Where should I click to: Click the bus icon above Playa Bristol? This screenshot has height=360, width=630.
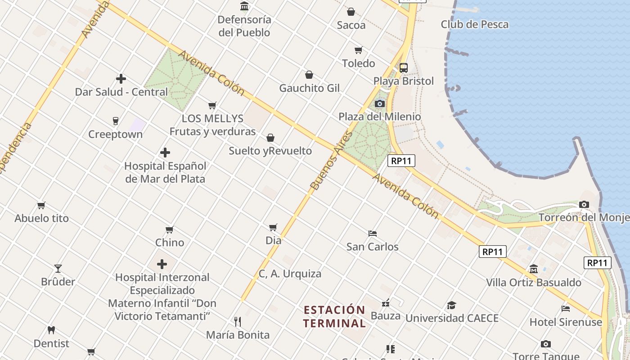click(x=404, y=68)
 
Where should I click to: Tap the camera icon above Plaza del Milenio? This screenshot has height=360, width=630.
click(x=380, y=104)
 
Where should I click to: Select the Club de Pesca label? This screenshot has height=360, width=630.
click(x=474, y=24)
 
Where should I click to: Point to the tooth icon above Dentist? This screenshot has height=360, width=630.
click(x=51, y=330)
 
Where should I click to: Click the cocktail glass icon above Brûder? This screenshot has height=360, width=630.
click(x=58, y=269)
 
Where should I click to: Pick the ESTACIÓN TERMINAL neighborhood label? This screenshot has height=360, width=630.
click(x=334, y=316)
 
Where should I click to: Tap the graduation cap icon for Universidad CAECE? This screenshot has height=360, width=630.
click(x=451, y=306)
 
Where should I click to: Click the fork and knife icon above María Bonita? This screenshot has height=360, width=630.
click(x=238, y=321)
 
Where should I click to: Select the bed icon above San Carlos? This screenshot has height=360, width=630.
click(x=372, y=234)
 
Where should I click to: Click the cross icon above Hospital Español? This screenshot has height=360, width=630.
click(x=165, y=153)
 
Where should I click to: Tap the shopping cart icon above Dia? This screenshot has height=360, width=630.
click(x=273, y=227)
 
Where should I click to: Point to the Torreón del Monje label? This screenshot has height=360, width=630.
click(x=584, y=218)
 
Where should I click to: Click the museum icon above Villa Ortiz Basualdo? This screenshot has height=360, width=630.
click(x=534, y=269)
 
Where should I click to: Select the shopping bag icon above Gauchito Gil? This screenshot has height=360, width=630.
click(x=309, y=75)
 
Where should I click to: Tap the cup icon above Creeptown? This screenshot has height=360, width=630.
click(x=116, y=121)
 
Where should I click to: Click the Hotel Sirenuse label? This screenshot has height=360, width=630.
click(x=566, y=322)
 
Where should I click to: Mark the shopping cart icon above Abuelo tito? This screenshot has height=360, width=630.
click(x=41, y=205)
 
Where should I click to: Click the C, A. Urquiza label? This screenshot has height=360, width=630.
click(x=290, y=274)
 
